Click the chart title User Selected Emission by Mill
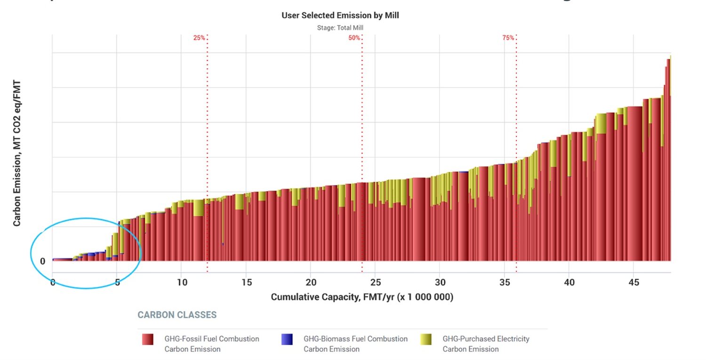340,16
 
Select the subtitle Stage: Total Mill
340,28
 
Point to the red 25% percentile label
199,38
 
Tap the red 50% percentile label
354,38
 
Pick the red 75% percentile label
508,38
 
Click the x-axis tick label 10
182,282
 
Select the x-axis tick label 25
375,282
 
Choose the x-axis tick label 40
569,282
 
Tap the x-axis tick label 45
634,282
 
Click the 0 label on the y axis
42,261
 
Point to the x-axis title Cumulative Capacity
362,297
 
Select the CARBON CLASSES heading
177,315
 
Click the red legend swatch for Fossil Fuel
148,339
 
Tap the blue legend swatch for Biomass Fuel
287,339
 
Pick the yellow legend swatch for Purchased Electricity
426,339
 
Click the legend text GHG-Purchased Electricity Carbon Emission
486,344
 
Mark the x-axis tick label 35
505,282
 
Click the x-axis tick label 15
247,282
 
